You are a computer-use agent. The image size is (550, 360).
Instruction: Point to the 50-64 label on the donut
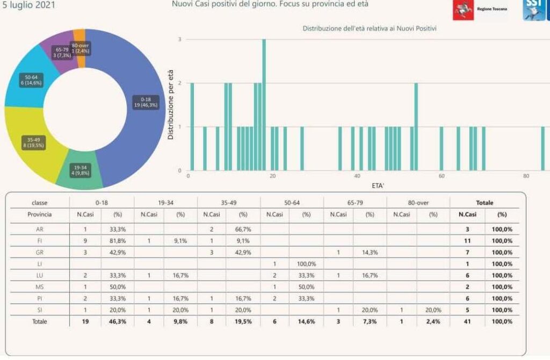point(31,80)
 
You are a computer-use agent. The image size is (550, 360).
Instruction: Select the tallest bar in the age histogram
point(264,105)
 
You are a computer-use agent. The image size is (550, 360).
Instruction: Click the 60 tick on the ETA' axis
point(441,176)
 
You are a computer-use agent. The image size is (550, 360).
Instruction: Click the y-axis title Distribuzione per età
point(170,105)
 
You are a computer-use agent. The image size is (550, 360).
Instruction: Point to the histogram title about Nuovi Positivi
point(369,28)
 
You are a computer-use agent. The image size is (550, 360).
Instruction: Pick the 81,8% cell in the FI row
point(118,241)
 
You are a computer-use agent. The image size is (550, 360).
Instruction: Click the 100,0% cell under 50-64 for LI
point(307,264)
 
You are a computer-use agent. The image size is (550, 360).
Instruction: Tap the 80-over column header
point(418,203)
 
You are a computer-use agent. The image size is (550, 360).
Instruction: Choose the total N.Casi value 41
point(467,321)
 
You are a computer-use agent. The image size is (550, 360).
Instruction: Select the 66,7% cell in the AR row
point(244,229)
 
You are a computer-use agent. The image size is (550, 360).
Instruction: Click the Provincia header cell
point(39,214)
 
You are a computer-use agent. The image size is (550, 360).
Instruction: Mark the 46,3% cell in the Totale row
point(118,321)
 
